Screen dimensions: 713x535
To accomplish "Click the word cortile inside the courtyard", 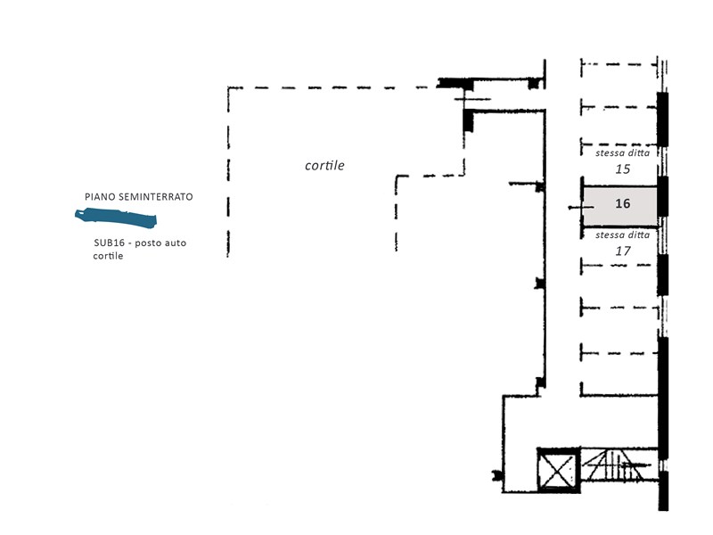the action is (x=324, y=165).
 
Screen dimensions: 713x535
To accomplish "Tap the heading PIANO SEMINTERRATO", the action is (x=139, y=197).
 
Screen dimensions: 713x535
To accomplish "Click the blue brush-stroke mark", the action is (x=116, y=218).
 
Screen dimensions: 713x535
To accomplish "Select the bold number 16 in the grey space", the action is (x=622, y=203).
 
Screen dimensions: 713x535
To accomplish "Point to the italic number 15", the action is (x=622, y=169).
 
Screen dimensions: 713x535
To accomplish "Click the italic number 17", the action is (x=622, y=251).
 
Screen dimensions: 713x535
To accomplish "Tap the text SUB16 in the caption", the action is (x=109, y=243).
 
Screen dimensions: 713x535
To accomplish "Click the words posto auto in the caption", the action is (x=160, y=243).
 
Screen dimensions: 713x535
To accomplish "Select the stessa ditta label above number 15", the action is (x=622, y=152).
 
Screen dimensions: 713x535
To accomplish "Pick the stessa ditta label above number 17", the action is (x=622, y=235).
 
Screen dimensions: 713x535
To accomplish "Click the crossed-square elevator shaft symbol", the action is (x=559, y=471).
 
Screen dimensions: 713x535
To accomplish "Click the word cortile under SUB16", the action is (x=108, y=256).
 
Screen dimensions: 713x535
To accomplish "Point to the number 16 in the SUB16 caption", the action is (x=119, y=243).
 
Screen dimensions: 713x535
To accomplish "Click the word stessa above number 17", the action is (x=610, y=235).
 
